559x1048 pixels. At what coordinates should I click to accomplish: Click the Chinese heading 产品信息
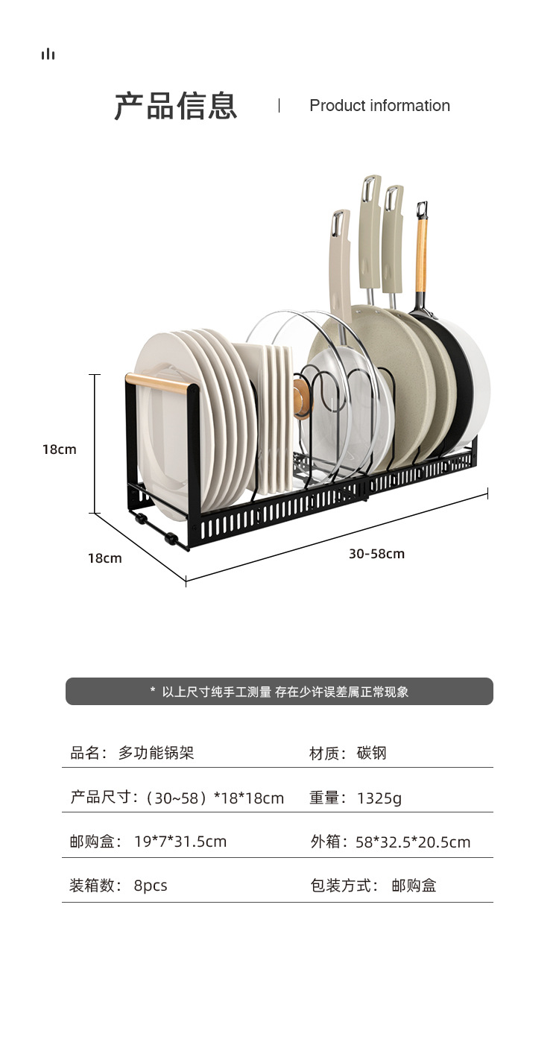click(176, 106)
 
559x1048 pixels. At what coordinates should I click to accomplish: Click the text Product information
click(379, 106)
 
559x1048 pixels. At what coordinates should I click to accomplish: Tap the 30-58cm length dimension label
click(376, 554)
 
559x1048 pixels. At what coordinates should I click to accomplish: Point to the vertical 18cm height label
click(60, 449)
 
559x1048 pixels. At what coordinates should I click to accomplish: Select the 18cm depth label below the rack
click(104, 558)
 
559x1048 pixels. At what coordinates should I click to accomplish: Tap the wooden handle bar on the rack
click(161, 384)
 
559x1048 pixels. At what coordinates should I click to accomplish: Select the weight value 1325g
click(379, 798)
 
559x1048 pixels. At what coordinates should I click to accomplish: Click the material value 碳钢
click(372, 754)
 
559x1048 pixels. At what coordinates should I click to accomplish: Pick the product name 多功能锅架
click(156, 754)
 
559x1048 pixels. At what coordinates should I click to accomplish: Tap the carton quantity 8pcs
click(151, 886)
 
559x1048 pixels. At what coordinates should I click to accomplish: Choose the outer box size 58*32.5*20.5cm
click(413, 842)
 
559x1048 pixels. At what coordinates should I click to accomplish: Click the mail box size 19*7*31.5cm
click(180, 842)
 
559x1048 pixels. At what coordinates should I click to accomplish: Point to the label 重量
click(325, 798)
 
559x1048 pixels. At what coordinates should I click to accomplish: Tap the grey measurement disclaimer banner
click(279, 692)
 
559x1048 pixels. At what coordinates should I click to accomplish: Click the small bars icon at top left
click(48, 54)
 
